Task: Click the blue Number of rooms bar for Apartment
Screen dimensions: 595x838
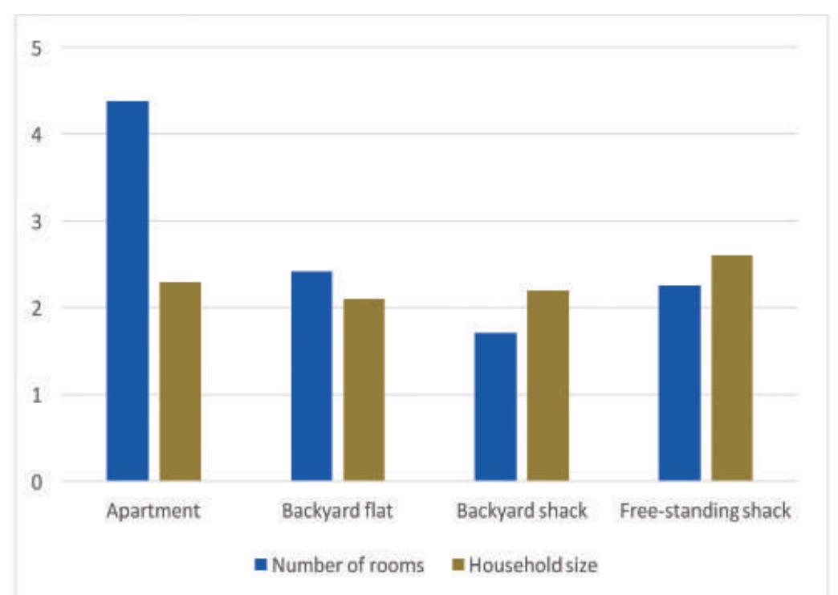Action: tap(127, 291)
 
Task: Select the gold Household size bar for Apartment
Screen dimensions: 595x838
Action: tap(180, 381)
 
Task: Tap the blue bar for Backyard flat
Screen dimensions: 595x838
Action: tap(311, 376)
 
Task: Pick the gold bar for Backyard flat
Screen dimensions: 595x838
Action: tap(364, 389)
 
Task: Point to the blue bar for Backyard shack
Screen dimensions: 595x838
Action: tap(495, 406)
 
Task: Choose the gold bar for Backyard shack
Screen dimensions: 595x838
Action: tap(548, 385)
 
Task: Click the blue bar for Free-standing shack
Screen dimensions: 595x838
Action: tap(679, 383)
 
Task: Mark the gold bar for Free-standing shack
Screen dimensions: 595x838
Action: tap(732, 368)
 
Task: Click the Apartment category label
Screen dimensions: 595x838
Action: tap(153, 511)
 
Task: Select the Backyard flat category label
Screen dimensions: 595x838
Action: tap(337, 511)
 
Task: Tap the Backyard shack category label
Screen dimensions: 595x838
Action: tap(522, 511)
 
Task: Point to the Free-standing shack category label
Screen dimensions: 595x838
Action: tap(706, 511)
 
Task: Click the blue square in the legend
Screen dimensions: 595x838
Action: tap(260, 565)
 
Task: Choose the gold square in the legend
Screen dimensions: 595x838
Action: tap(458, 565)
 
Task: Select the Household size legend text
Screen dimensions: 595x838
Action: tap(533, 565)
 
